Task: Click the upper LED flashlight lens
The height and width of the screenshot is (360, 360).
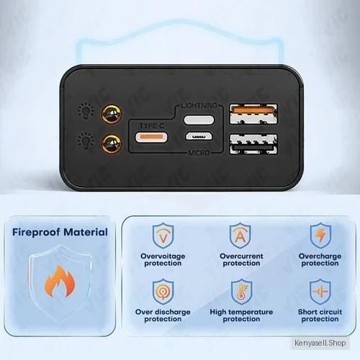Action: coord(112,114)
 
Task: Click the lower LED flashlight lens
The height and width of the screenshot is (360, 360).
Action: coord(112,144)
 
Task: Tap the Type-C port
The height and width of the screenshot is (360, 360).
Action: coord(151,138)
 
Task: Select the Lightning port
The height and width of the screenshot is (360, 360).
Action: coord(199,120)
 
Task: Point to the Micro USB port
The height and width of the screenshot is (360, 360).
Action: coord(199,136)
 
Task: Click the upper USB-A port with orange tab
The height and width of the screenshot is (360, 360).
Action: coord(253,114)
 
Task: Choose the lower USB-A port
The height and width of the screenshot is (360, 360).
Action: coord(253,144)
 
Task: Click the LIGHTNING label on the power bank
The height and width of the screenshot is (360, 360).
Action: coord(199,105)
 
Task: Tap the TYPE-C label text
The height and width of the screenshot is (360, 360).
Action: coord(151,126)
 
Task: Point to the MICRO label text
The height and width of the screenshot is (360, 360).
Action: coord(199,153)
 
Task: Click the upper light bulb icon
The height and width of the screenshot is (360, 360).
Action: coord(86,111)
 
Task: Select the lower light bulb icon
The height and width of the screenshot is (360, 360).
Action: coord(86,141)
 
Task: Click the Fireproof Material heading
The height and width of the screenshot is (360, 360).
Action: coord(60,232)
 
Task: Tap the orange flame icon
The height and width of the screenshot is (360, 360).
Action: coord(60,281)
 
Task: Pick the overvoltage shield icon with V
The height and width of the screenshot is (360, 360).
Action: coord(163,235)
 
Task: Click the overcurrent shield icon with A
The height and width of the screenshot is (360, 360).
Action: coord(240,235)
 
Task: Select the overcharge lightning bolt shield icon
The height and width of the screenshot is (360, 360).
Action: coord(320,235)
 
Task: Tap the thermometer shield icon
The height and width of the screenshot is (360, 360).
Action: coord(242,292)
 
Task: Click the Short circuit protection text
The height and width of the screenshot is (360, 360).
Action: coord(320,315)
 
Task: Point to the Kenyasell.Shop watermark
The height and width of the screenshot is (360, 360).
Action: coord(320,343)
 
